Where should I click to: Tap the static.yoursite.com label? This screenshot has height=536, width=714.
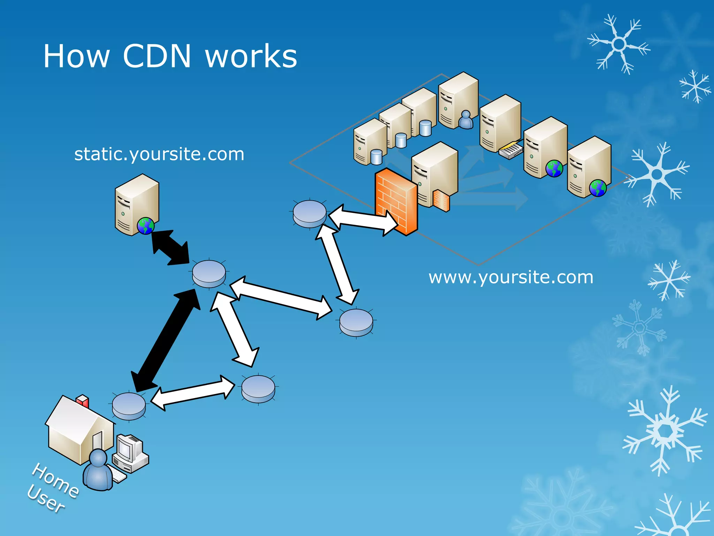click(x=159, y=154)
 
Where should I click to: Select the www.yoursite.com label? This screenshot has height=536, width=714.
click(x=511, y=278)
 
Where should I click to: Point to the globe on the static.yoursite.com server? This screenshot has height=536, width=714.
click(x=146, y=226)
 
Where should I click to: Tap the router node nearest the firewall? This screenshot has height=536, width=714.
click(x=310, y=214)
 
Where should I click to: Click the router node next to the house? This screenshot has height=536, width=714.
click(x=129, y=406)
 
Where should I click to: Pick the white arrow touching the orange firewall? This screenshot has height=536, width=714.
click(x=363, y=219)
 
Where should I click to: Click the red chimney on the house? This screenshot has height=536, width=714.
click(x=83, y=401)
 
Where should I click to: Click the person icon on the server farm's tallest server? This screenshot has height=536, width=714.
click(x=466, y=120)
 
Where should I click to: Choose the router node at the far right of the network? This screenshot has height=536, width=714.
click(x=356, y=322)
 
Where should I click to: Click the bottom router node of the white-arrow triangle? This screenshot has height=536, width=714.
click(x=258, y=389)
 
